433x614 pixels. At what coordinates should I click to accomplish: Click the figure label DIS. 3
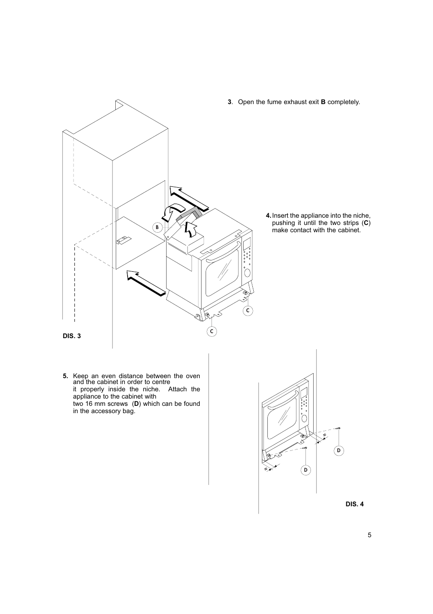click(72, 336)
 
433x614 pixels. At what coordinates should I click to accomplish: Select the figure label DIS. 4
click(354, 504)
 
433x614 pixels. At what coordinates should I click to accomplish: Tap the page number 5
click(369, 535)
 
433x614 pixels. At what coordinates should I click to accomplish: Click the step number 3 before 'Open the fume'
click(230, 102)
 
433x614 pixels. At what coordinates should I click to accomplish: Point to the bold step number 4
click(268, 215)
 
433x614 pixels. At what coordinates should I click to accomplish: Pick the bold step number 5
click(65, 376)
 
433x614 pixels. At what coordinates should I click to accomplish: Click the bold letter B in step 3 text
click(323, 102)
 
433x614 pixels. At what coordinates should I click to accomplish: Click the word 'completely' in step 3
click(343, 102)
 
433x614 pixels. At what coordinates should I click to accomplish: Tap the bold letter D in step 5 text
click(136, 404)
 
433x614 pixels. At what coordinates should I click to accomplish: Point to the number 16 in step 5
click(89, 404)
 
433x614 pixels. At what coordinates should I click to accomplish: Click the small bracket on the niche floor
click(123, 240)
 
